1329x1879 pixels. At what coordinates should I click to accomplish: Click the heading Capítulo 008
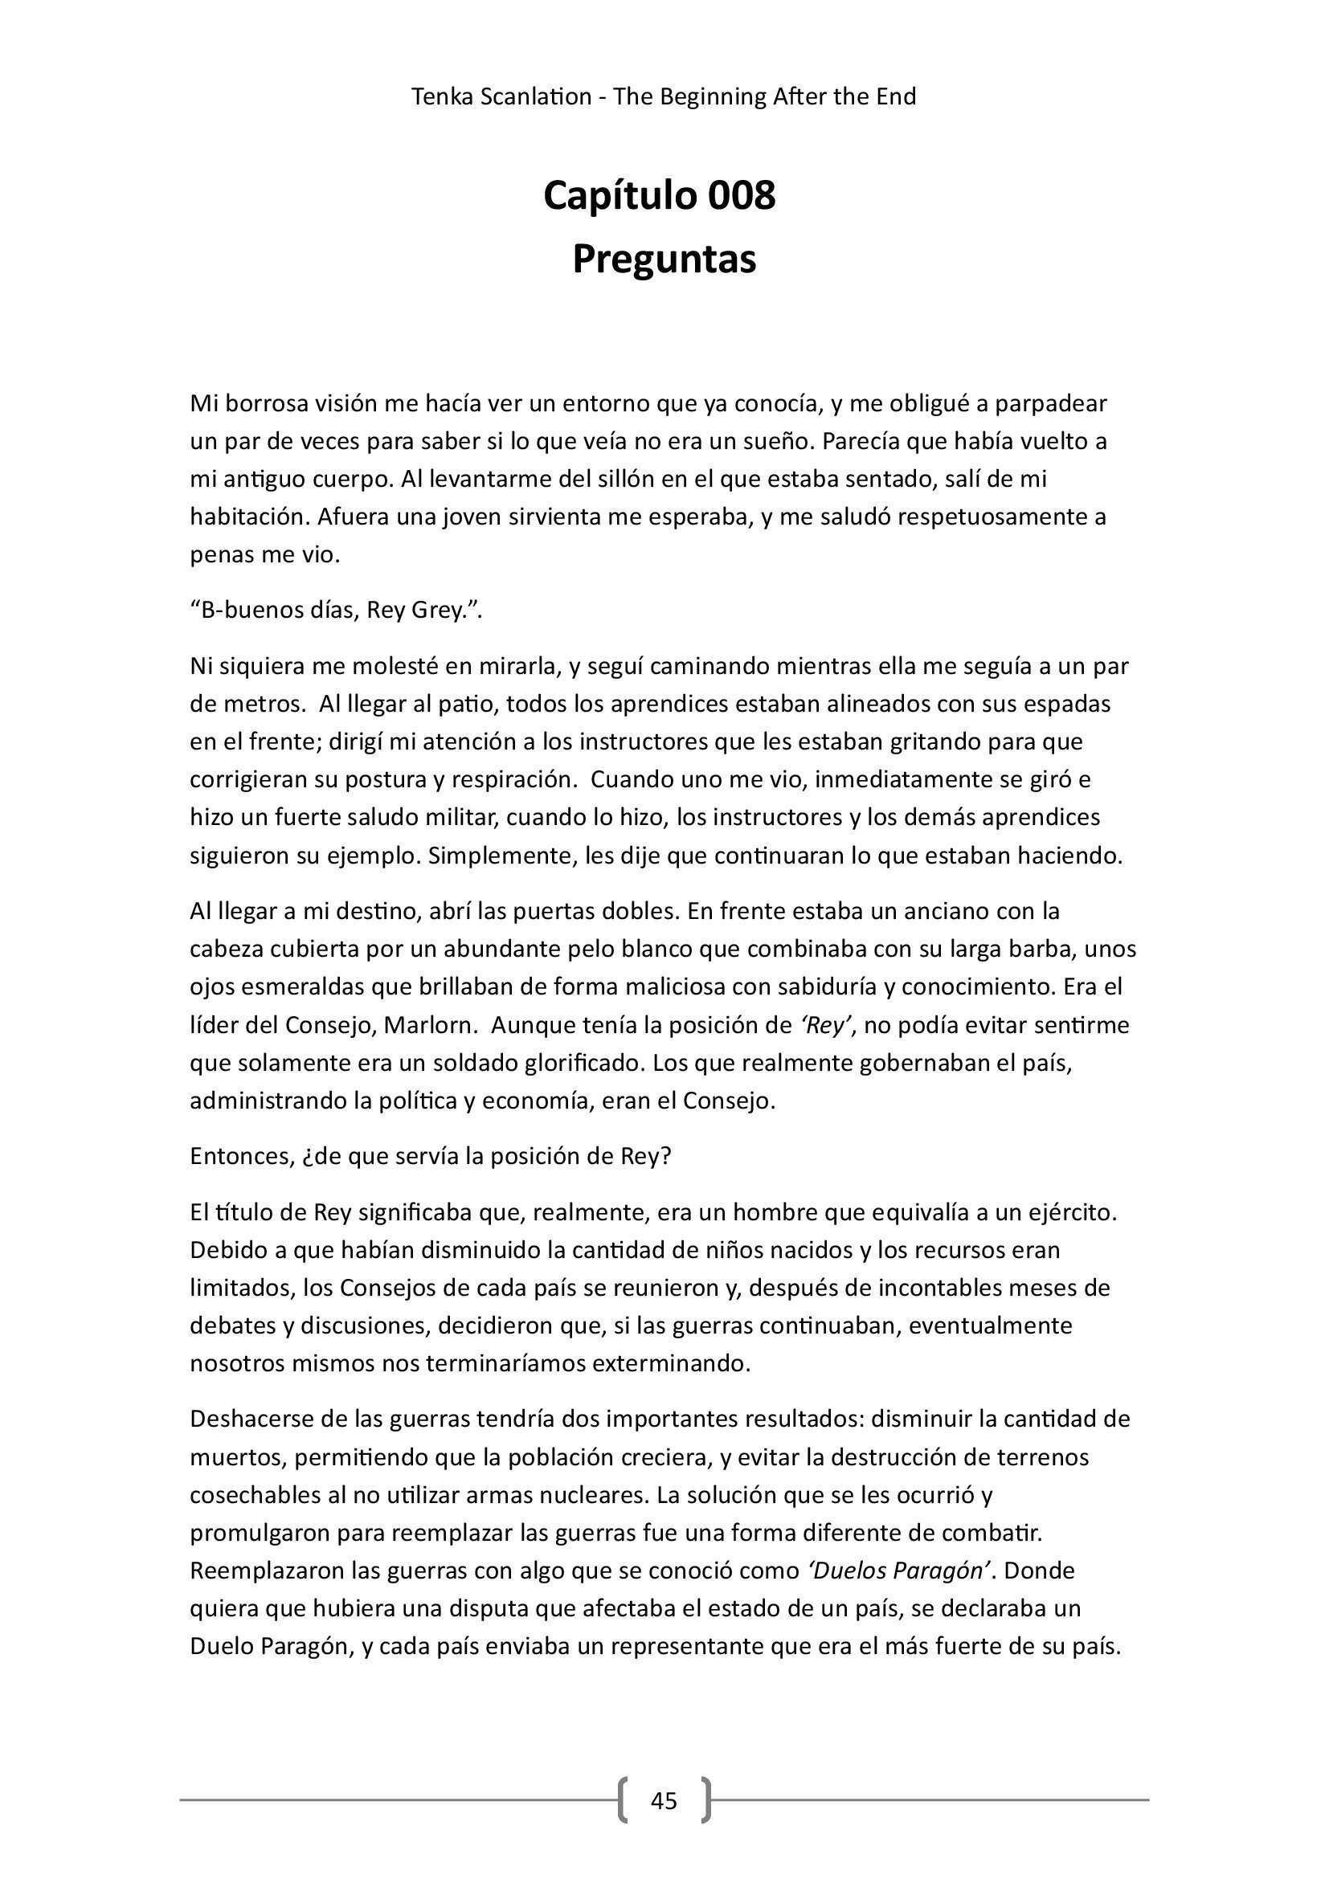(660, 196)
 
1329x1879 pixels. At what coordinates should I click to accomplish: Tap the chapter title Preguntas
(664, 259)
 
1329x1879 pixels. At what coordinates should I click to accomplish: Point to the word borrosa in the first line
(274, 403)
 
